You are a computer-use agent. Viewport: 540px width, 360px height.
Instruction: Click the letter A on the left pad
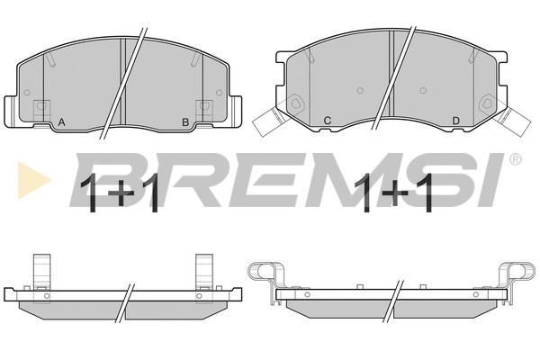click(x=61, y=122)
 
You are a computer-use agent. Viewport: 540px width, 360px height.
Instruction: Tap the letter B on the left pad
click(x=185, y=122)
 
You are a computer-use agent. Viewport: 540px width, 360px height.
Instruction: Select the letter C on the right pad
click(x=328, y=121)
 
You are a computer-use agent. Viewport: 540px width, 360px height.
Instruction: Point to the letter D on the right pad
click(x=455, y=121)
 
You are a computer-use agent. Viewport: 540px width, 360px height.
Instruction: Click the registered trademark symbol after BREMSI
click(x=515, y=159)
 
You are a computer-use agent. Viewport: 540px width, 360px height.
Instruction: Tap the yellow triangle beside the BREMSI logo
click(x=33, y=180)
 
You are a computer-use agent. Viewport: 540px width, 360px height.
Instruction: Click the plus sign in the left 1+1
click(x=121, y=193)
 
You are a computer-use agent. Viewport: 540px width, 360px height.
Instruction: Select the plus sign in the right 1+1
click(x=395, y=193)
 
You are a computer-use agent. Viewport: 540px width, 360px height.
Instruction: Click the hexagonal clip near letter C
click(x=296, y=103)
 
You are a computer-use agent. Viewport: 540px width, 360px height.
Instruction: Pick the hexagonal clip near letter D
click(x=487, y=103)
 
